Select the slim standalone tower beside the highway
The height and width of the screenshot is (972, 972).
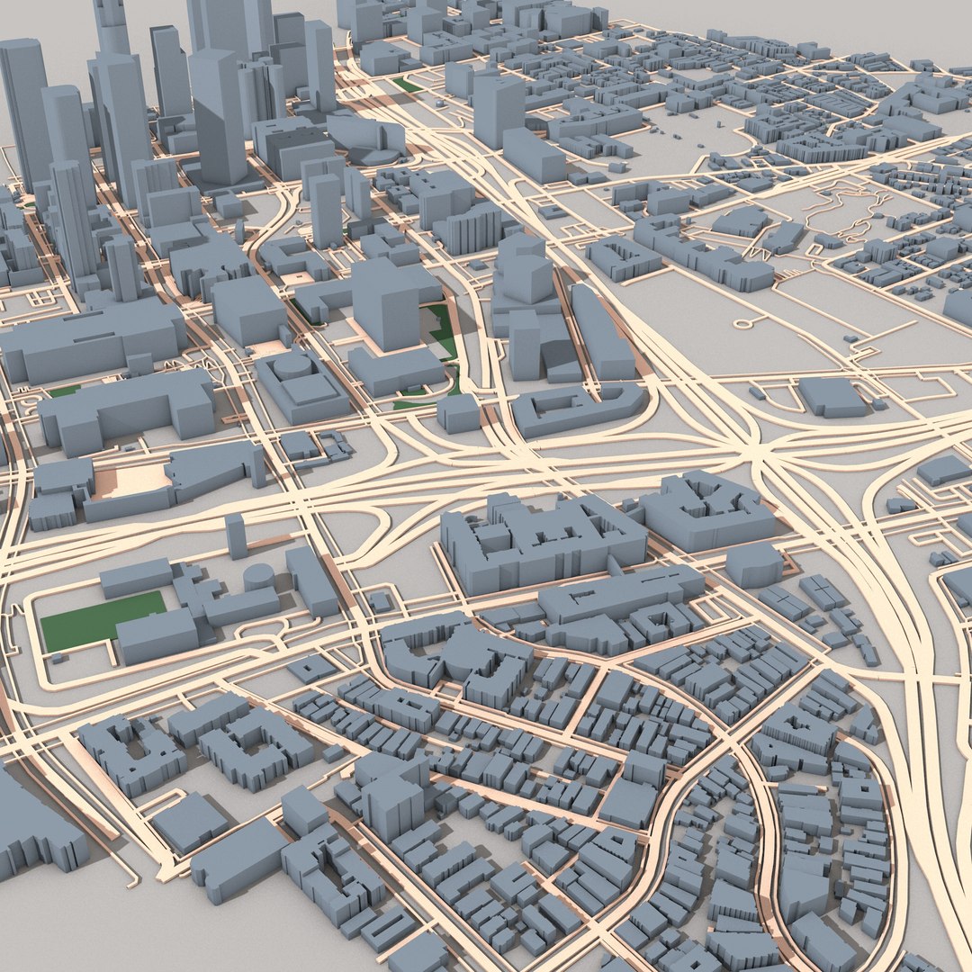click(236, 535)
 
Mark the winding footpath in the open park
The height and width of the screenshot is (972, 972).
click(841, 202)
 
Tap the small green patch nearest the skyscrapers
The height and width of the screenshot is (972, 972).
click(406, 85)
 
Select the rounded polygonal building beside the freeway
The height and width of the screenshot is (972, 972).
click(754, 563)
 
